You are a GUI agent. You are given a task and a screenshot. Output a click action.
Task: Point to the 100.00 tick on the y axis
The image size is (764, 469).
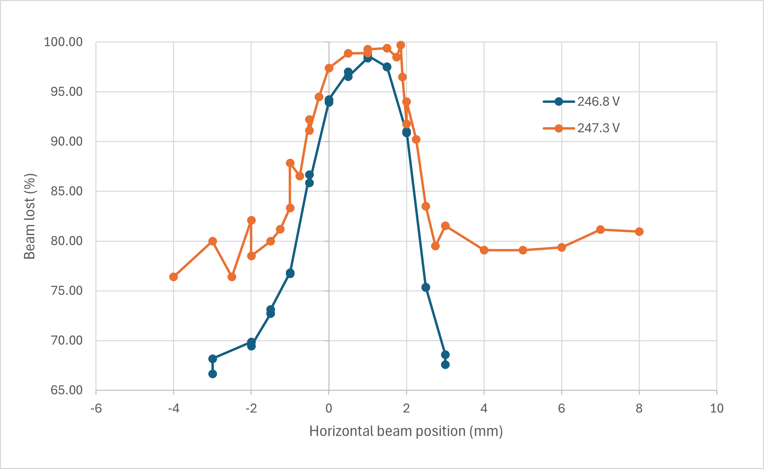(63, 42)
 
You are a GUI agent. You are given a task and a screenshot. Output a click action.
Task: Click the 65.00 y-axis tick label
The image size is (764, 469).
(67, 390)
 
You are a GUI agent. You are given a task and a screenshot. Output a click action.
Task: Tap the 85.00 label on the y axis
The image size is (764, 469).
(67, 191)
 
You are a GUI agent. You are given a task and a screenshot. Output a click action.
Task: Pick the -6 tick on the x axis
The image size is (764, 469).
(96, 408)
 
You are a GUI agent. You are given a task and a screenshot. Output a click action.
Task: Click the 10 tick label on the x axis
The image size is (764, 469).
(717, 408)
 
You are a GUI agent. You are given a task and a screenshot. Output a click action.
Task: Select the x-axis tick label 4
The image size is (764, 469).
(484, 408)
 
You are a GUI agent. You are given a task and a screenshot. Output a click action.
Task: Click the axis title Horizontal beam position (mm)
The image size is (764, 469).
(406, 431)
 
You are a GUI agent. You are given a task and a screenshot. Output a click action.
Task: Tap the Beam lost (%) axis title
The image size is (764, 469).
(30, 216)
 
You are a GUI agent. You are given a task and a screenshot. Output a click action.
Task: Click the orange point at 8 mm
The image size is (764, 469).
(639, 232)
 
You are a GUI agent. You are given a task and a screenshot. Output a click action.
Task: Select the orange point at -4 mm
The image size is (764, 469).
(174, 277)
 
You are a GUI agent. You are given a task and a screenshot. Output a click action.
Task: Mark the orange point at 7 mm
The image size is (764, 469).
(600, 230)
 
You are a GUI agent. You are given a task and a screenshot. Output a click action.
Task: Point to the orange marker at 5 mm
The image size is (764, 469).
(523, 250)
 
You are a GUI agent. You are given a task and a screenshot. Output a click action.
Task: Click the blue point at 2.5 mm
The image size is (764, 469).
(426, 287)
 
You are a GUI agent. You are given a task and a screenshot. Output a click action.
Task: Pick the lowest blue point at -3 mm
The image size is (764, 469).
(212, 374)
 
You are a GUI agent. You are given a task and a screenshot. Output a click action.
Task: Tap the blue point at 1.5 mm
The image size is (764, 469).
(387, 67)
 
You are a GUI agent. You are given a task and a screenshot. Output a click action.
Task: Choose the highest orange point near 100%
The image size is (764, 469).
(401, 45)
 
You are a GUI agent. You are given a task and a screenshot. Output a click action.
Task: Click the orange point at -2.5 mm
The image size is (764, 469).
(232, 277)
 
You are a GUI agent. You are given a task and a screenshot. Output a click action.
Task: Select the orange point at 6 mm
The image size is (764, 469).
(562, 248)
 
